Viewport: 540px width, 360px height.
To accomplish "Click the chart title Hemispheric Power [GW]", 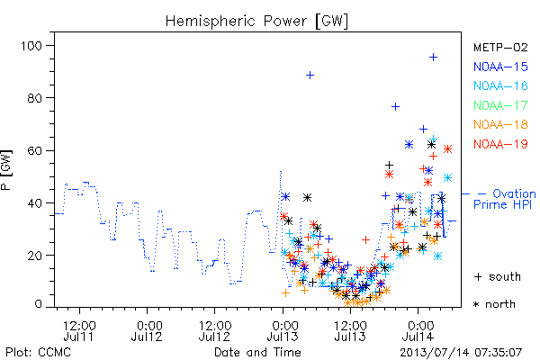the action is [256, 21].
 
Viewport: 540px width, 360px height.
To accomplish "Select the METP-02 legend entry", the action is [500, 47].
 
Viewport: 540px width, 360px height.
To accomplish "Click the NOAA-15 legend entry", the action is [500, 67].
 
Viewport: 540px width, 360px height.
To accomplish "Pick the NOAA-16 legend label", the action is [500, 85].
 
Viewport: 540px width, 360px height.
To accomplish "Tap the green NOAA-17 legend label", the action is [500, 105].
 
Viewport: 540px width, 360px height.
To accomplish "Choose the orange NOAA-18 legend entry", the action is [500, 124].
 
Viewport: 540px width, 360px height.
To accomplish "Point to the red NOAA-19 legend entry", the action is [500, 144].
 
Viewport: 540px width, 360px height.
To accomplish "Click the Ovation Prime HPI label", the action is [505, 199].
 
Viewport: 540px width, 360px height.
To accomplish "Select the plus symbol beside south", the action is [478, 276].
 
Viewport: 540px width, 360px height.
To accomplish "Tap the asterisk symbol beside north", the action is [476, 304].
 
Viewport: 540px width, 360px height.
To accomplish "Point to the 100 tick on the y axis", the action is [31, 46].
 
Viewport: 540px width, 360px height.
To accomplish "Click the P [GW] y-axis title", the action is [6, 170].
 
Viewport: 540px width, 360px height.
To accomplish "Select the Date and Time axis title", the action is [257, 353].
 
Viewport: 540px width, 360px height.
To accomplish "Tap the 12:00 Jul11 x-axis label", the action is [79, 331].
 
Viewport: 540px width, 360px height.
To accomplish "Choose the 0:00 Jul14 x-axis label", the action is [418, 331].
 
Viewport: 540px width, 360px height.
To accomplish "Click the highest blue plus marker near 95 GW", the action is [433, 58].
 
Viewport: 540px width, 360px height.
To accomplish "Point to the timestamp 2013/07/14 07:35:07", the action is [461, 353].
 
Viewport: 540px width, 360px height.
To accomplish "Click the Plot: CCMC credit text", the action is [38, 353].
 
